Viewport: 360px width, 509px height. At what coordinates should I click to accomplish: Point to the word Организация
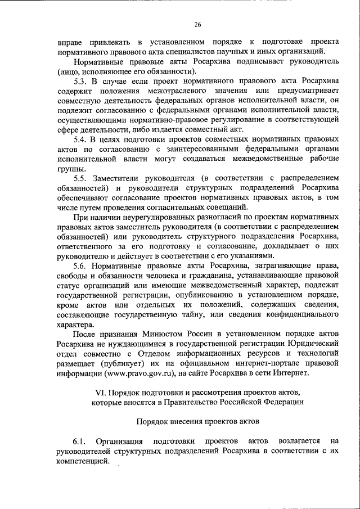(x=119, y=442)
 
